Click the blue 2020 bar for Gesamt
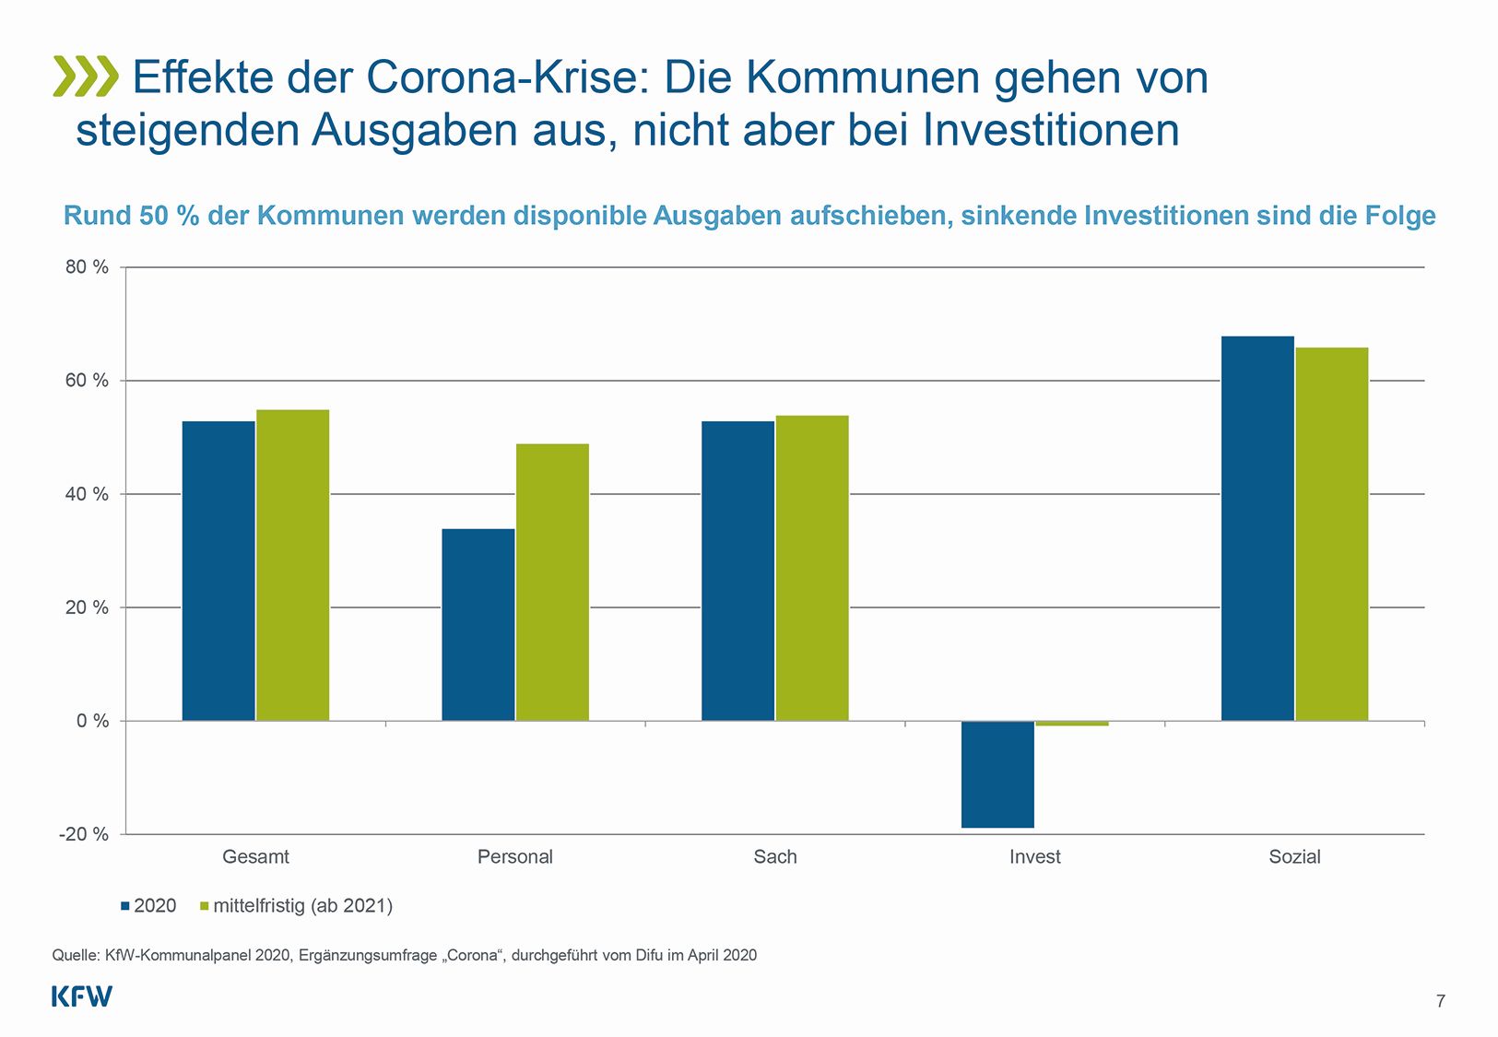(218, 571)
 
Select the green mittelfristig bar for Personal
(552, 582)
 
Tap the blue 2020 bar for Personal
(478, 624)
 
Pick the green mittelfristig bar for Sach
(812, 568)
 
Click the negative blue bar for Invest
(997, 774)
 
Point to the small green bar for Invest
(1072, 724)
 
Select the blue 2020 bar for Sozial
(1257, 528)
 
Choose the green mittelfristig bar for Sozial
(1332, 534)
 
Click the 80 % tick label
(87, 267)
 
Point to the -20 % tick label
(83, 834)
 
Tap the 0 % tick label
(92, 721)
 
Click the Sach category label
(774, 856)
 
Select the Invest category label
(1034, 856)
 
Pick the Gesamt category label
(255, 856)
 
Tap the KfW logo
(81, 996)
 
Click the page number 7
(1441, 1001)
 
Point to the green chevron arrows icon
(86, 77)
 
